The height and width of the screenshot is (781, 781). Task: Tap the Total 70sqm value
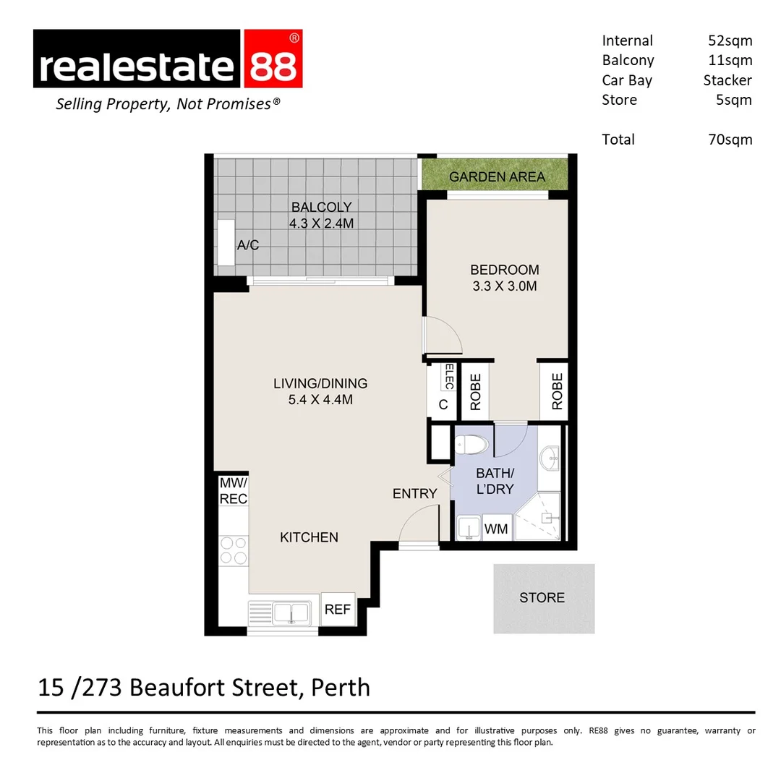[730, 139]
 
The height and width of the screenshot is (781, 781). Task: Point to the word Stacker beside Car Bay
[727, 80]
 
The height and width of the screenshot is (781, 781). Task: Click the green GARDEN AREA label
[497, 176]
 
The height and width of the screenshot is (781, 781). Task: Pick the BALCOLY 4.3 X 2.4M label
[321, 215]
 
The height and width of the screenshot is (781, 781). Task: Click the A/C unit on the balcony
[226, 244]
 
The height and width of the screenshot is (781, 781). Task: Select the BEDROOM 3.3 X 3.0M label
[504, 278]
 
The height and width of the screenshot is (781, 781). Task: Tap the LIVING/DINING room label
[320, 391]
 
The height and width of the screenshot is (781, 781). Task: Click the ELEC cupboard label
[448, 377]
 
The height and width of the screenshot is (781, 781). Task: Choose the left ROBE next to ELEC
[476, 391]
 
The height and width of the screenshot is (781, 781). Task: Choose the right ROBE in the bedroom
[556, 391]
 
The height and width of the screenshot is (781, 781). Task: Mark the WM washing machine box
[496, 529]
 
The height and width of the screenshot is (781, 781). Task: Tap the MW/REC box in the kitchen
[233, 490]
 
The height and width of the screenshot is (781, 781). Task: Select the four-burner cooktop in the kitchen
[233, 550]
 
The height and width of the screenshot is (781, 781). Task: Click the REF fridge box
[337, 610]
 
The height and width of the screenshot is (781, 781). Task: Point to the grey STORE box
[543, 598]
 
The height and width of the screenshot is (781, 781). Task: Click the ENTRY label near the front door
[414, 493]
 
